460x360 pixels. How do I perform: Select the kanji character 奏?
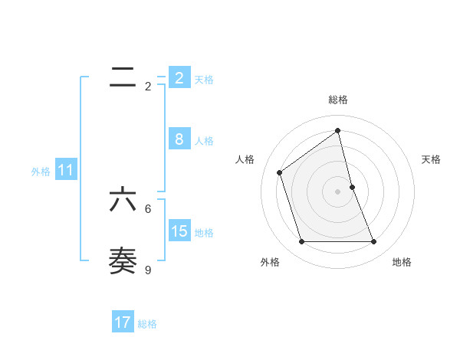pyautogui.click(x=123, y=261)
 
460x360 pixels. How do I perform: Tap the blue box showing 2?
pyautogui.click(x=179, y=77)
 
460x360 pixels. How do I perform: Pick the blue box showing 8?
pyautogui.click(x=179, y=139)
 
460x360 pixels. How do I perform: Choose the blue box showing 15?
pyautogui.click(x=179, y=231)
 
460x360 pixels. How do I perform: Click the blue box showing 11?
pyautogui.click(x=65, y=170)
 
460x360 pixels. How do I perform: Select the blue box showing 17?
pyautogui.click(x=123, y=322)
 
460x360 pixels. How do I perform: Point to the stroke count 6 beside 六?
pyautogui.click(x=148, y=208)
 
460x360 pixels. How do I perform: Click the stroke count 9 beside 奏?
pyautogui.click(x=148, y=270)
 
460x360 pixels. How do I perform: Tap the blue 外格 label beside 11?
pyautogui.click(x=41, y=172)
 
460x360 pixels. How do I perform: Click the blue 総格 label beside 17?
pyautogui.click(x=147, y=324)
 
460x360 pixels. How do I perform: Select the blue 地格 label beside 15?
pyautogui.click(x=204, y=232)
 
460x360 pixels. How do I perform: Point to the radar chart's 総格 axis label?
pyautogui.click(x=338, y=100)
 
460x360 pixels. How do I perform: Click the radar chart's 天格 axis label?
pyautogui.click(x=431, y=159)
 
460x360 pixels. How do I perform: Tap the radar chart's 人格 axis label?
pyautogui.click(x=245, y=159)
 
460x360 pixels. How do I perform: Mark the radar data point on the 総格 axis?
pyautogui.click(x=338, y=130)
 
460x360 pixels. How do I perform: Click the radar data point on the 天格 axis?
pyautogui.click(x=352, y=186)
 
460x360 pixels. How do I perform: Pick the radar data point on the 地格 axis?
pyautogui.click(x=374, y=242)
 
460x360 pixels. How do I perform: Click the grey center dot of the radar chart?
pyautogui.click(x=338, y=191)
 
